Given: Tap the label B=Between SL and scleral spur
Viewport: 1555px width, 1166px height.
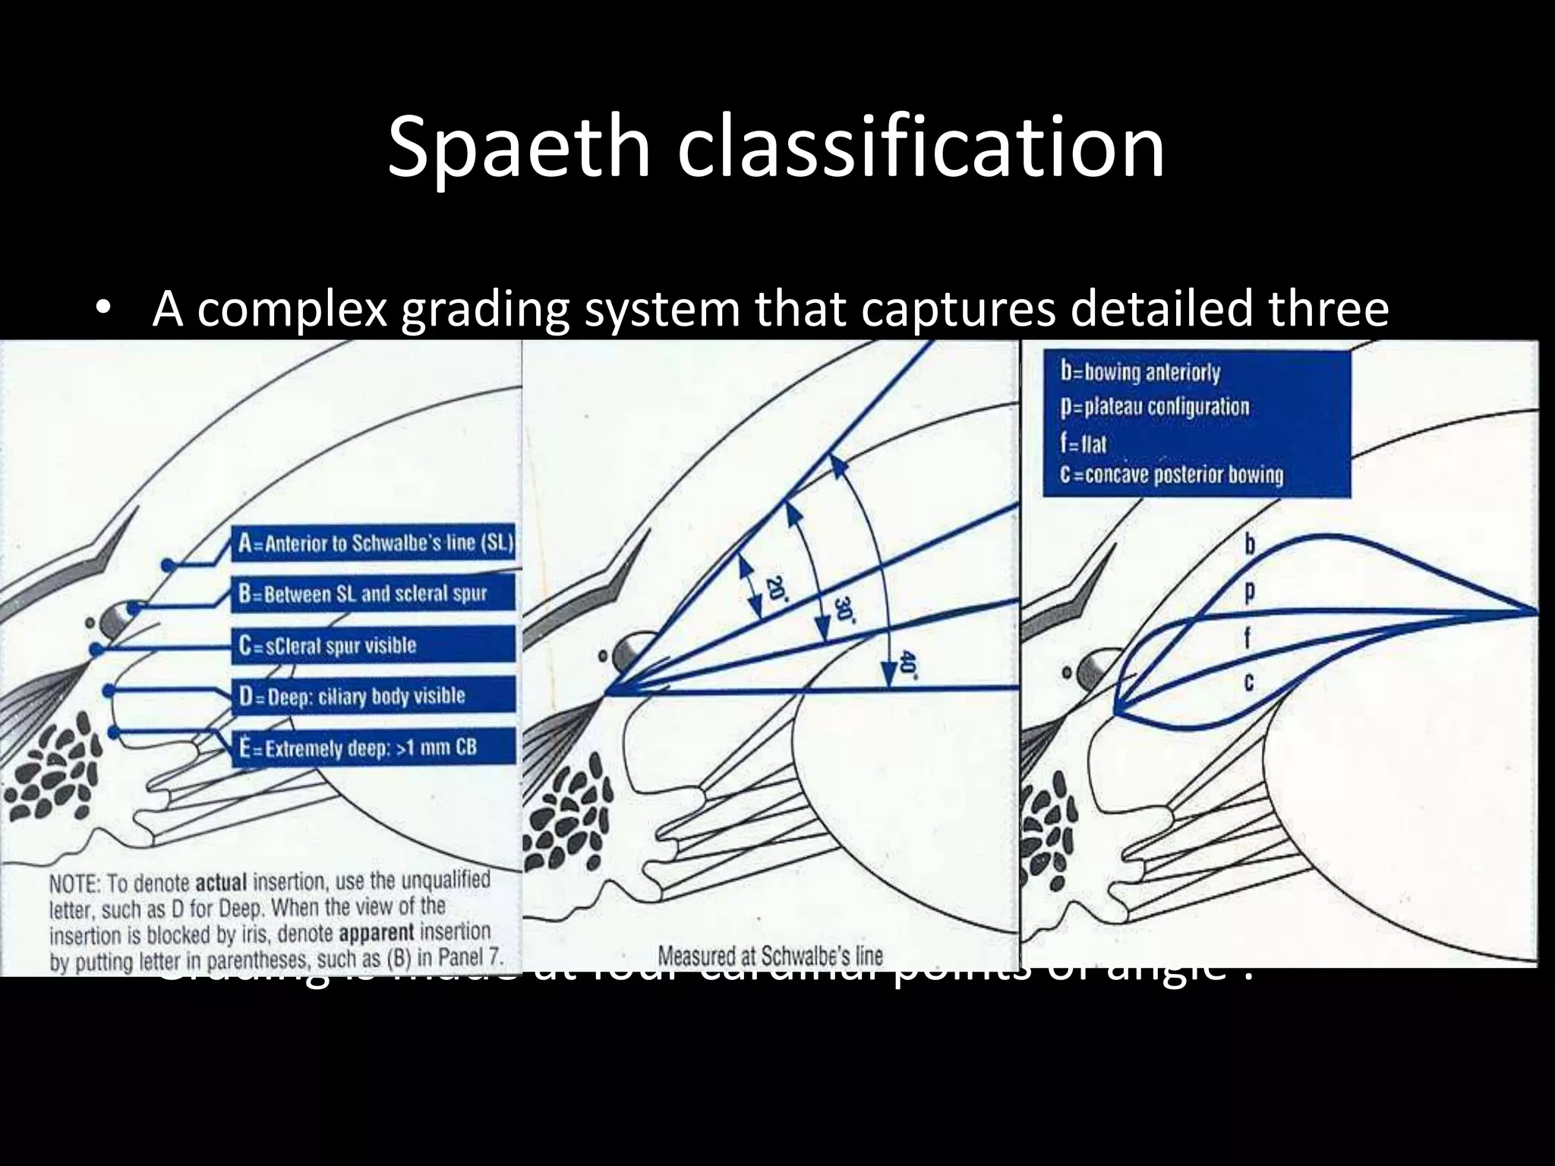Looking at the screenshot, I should [x=362, y=594].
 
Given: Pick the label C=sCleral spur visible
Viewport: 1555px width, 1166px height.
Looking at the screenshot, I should [x=327, y=645].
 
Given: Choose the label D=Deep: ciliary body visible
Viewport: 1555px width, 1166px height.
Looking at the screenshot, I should [x=352, y=696].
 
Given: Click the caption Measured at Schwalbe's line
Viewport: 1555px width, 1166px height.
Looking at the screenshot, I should [x=770, y=954].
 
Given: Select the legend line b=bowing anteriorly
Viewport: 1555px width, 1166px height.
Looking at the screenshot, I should [x=1140, y=373].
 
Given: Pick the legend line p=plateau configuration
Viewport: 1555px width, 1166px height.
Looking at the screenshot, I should [x=1154, y=407].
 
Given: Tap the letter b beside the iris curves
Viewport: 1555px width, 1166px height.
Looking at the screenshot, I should [x=1251, y=545].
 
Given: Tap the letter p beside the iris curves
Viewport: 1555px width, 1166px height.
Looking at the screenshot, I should [x=1251, y=591].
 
